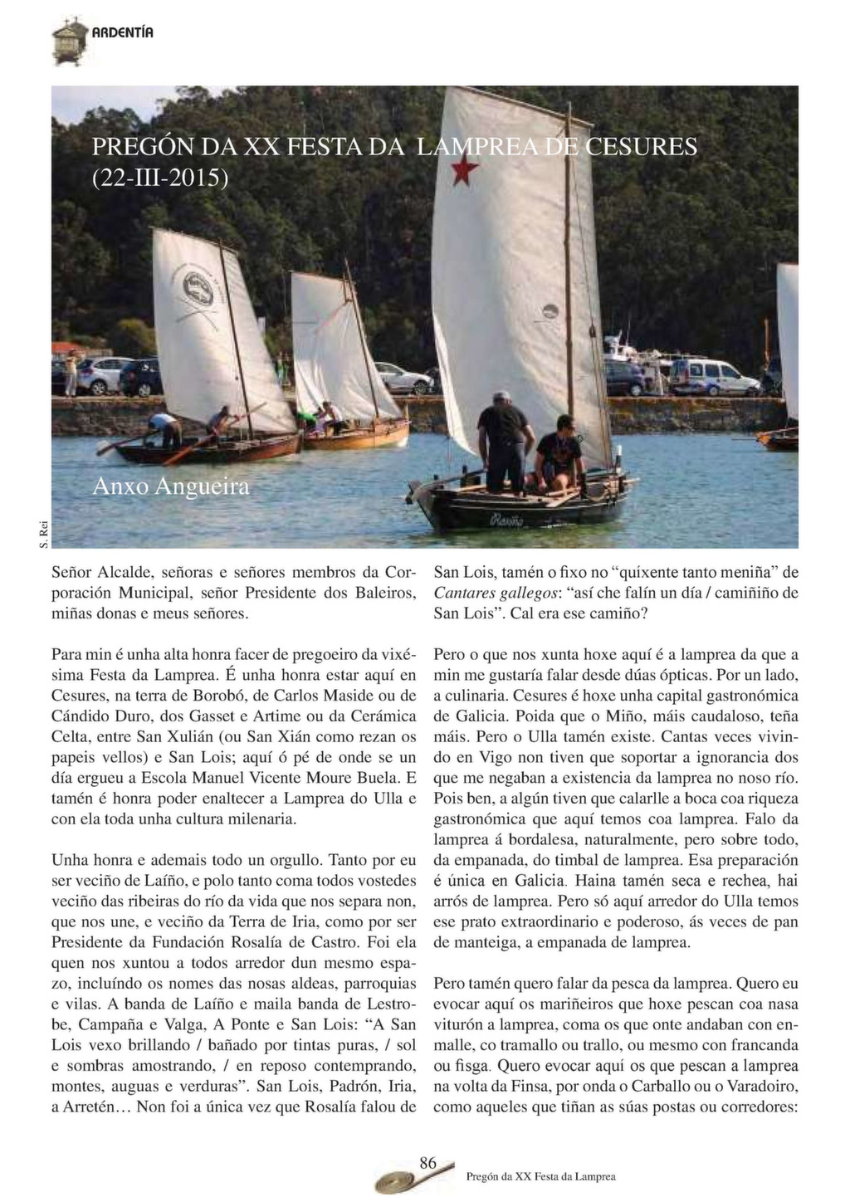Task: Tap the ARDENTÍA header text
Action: point(123,33)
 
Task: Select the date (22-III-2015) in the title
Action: point(160,177)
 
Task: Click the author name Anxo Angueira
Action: point(171,486)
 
